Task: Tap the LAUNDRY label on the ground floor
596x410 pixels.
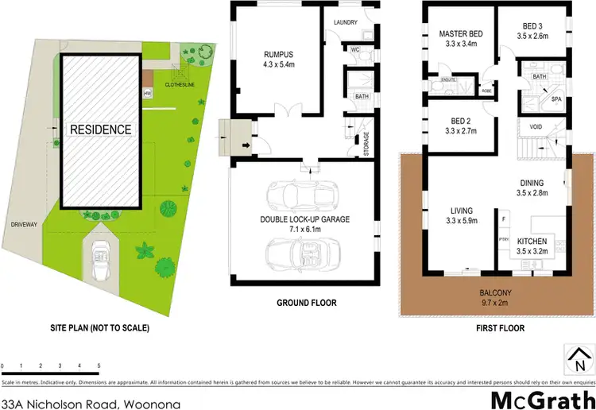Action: pos(346,22)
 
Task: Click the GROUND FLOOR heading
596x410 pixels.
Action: pos(306,303)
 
